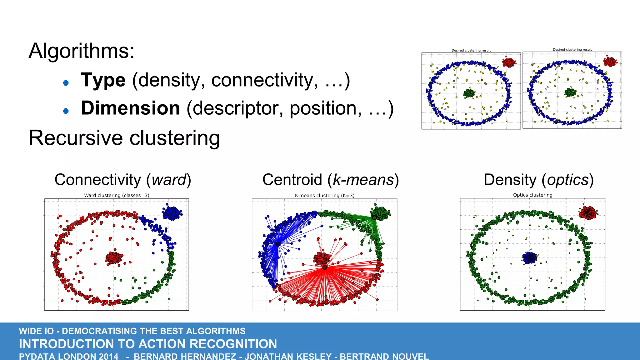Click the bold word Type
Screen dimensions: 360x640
pyautogui.click(x=103, y=80)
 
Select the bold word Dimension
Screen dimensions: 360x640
pyautogui.click(x=130, y=108)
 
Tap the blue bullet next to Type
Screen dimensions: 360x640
pyautogui.click(x=66, y=83)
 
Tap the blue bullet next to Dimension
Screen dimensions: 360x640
pyautogui.click(x=66, y=111)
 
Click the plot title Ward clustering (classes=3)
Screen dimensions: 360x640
pyautogui.click(x=117, y=195)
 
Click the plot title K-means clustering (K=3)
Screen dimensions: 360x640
pyautogui.click(x=324, y=195)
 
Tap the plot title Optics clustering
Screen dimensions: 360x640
pyautogui.click(x=532, y=195)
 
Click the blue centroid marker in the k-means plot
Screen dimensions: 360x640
pyautogui.click(x=278, y=244)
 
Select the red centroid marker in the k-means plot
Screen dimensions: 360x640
pyautogui.click(x=325, y=267)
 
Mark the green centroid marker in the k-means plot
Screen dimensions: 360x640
pyautogui.click(x=374, y=217)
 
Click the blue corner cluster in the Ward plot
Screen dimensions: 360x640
pyautogui.click(x=172, y=213)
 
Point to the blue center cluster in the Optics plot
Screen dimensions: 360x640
pyautogui.click(x=529, y=257)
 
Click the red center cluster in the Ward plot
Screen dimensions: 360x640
pyautogui.click(x=114, y=258)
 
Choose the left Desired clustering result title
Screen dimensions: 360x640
pyautogui.click(x=471, y=50)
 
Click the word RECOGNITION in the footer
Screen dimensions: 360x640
pyautogui.click(x=233, y=344)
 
